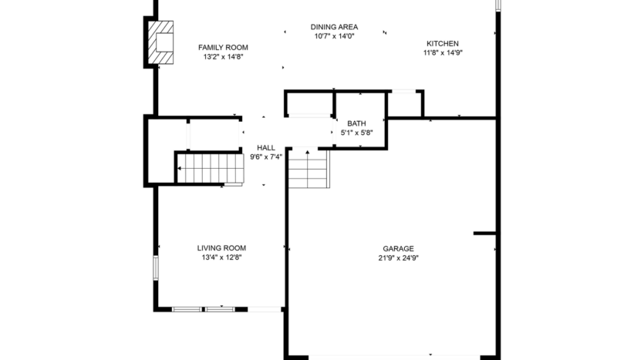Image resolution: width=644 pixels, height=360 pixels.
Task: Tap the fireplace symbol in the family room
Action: pyautogui.click(x=160, y=42)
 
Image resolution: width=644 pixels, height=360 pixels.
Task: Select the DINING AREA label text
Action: pyautogui.click(x=334, y=26)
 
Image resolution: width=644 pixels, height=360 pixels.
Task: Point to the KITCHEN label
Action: pyautogui.click(x=442, y=43)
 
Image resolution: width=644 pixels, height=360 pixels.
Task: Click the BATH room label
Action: pyautogui.click(x=356, y=123)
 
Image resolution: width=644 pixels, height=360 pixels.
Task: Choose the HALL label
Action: pyautogui.click(x=265, y=147)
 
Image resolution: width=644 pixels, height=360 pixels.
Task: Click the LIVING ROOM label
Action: pyautogui.click(x=221, y=248)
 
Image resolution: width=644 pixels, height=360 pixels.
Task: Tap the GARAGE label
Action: pyautogui.click(x=398, y=249)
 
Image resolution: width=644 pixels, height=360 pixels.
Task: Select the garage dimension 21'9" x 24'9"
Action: pyautogui.click(x=398, y=259)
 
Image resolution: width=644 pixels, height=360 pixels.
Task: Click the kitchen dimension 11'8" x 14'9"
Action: pyautogui.click(x=442, y=53)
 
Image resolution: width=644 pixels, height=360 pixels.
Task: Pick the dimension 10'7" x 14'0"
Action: pyautogui.click(x=334, y=36)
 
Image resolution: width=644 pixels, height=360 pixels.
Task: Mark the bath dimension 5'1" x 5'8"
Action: pyautogui.click(x=356, y=133)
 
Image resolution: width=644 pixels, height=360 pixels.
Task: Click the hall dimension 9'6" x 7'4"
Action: pyautogui.click(x=265, y=156)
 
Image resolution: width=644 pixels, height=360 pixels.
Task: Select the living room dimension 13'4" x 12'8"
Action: pyautogui.click(x=221, y=258)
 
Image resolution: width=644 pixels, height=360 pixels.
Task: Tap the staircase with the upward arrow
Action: pyautogui.click(x=309, y=170)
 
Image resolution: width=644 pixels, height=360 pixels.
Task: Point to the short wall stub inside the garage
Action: pyautogui.click(x=485, y=233)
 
